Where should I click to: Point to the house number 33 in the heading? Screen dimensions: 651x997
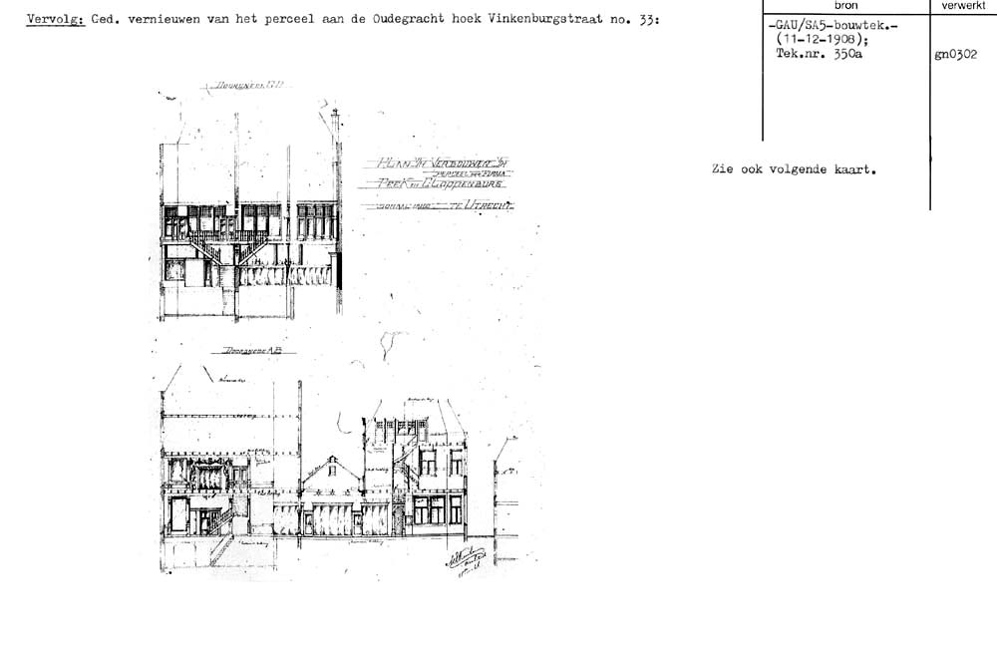tap(646, 20)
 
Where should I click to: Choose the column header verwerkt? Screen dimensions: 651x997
tap(962, 6)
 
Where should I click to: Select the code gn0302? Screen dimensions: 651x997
tap(956, 56)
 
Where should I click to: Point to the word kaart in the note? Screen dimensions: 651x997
tap(853, 169)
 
